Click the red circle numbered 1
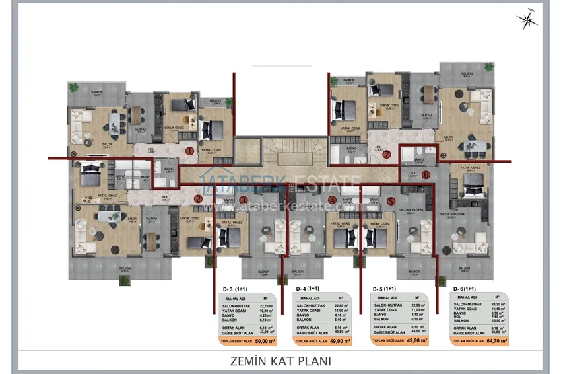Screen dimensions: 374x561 [x=189, y=151]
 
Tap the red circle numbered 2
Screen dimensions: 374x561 [x=197, y=198]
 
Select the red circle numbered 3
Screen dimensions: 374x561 [x=243, y=200]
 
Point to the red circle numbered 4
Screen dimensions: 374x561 [x=332, y=200]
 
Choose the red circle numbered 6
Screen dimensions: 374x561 [x=426, y=175]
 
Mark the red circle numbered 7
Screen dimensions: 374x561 [x=387, y=156]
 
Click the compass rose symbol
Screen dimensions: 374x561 [x=528, y=20]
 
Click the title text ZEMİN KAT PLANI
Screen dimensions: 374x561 [x=280, y=361]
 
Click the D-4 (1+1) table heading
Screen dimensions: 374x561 [x=308, y=289]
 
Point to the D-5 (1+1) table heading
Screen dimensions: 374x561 [x=384, y=289]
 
